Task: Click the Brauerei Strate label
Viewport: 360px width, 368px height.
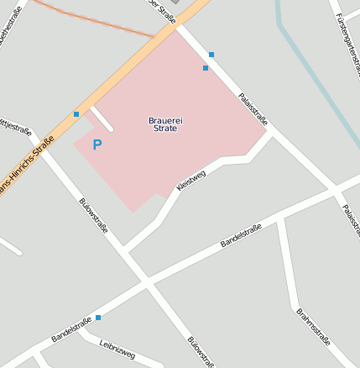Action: coord(165,126)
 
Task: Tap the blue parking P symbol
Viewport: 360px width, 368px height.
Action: coord(97,145)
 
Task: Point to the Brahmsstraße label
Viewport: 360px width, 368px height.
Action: coord(313,327)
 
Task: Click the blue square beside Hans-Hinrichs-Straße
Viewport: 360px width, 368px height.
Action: coord(76,113)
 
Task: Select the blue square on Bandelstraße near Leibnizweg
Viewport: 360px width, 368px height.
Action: coord(98,318)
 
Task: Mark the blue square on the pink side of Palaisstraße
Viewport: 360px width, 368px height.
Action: coord(205,68)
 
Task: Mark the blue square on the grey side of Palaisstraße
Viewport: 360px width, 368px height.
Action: coord(211,55)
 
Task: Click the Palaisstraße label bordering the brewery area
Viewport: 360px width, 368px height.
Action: coord(252,108)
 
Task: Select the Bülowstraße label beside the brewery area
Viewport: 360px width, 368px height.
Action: coord(92,217)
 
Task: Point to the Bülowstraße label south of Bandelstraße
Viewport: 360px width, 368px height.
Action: coord(200,351)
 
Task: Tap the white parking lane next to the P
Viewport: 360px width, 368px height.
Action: coord(102,118)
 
